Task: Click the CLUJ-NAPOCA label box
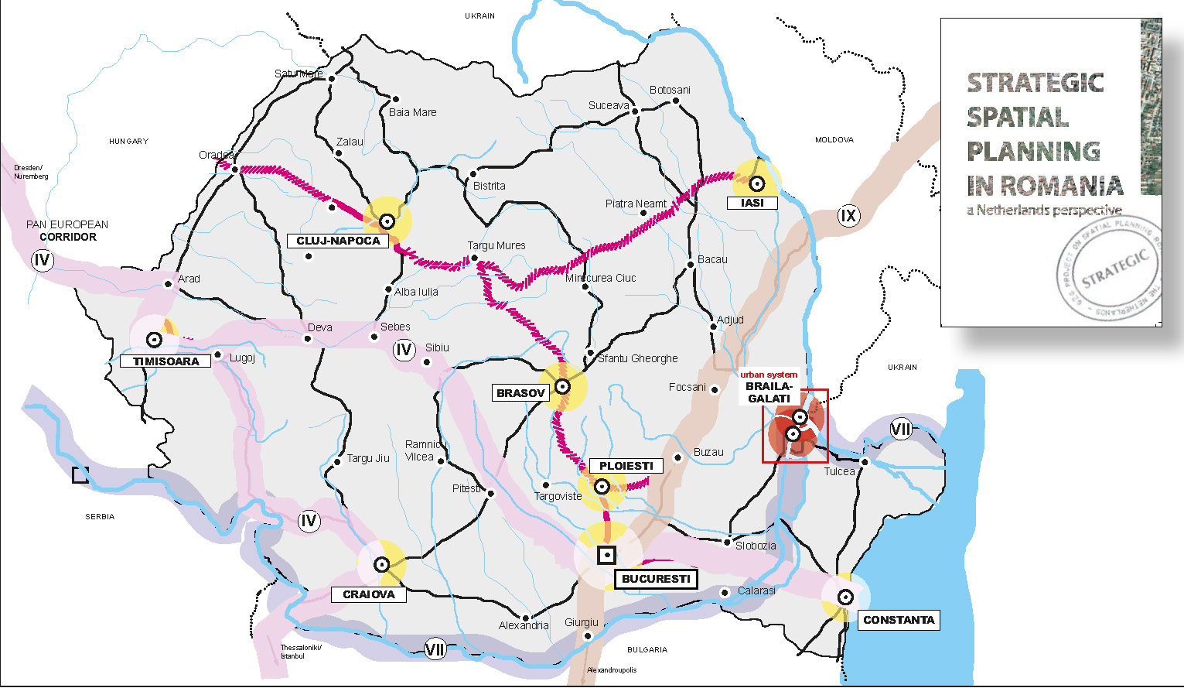(338, 241)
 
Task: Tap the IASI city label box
(752, 203)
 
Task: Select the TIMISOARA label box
(165, 361)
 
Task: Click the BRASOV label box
(520, 393)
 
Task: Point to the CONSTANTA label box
(898, 620)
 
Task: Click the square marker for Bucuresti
(607, 555)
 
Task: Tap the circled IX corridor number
(848, 216)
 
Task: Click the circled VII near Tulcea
(901, 429)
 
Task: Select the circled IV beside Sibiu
(404, 350)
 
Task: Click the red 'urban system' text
(769, 375)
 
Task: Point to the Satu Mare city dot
(332, 79)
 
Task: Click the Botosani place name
(670, 90)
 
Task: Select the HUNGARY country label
(128, 142)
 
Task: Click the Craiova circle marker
(380, 564)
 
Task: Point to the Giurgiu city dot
(587, 636)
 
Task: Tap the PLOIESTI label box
(626, 466)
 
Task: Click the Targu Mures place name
(496, 245)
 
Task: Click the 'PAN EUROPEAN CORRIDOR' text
(67, 231)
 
